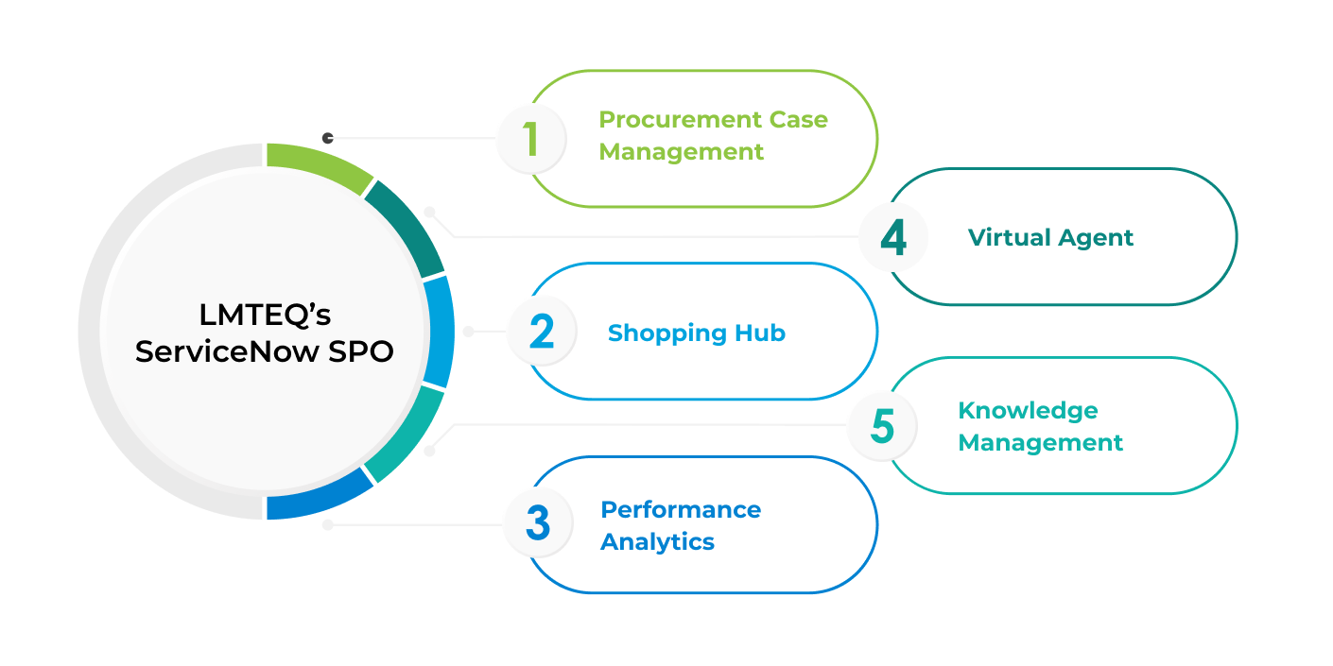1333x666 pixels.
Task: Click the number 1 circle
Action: tap(530, 138)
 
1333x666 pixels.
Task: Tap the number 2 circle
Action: tap(541, 332)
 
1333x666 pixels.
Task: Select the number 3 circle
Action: tap(537, 522)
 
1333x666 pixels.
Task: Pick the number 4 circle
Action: tap(893, 237)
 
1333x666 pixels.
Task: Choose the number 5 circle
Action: tap(881, 425)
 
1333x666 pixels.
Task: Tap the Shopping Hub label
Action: tap(696, 333)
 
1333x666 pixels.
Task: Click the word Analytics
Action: tap(657, 542)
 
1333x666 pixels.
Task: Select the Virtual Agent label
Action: tap(1050, 237)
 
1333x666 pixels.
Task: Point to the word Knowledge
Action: tap(1028, 411)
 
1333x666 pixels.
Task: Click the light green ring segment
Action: tap(316, 163)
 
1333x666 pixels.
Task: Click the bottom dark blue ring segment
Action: tap(316, 499)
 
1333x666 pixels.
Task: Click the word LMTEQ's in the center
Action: tap(265, 314)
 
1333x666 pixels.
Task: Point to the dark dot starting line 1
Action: tap(328, 138)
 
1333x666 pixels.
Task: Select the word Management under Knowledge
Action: tap(1041, 442)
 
